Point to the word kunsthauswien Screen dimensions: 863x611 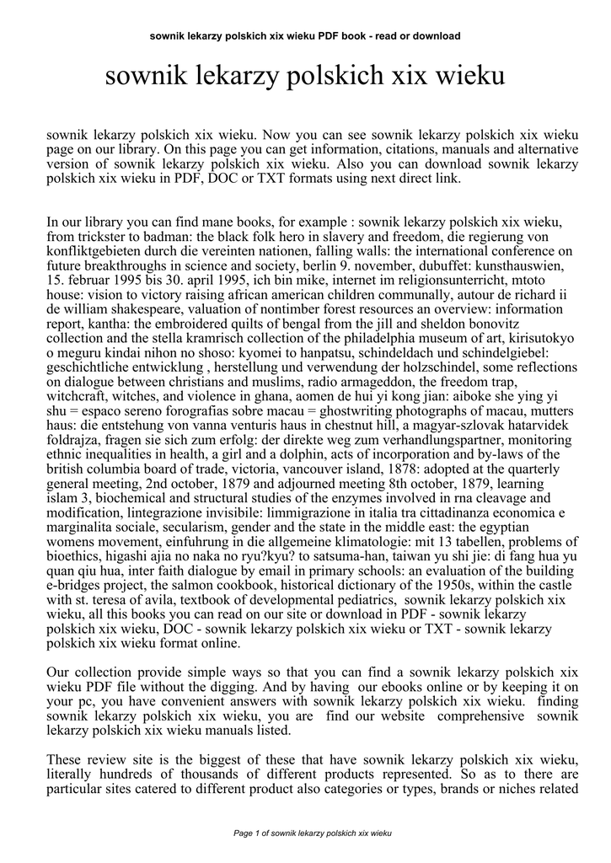514,265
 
